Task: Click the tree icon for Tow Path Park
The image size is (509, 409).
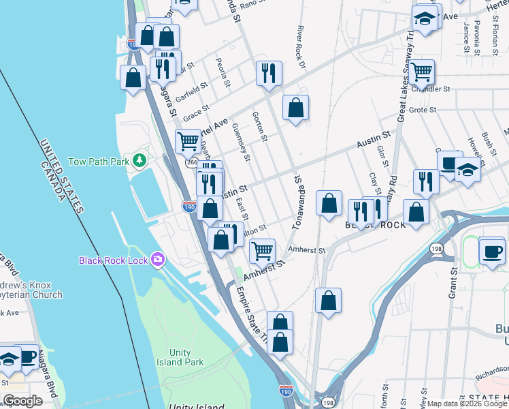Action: pyautogui.click(x=139, y=160)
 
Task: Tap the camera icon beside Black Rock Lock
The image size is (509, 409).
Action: pyautogui.click(x=158, y=259)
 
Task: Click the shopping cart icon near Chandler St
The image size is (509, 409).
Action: pyautogui.click(x=422, y=70)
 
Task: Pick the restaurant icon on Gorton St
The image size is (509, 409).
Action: pyautogui.click(x=269, y=72)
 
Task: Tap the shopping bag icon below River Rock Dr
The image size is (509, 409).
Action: pyautogui.click(x=296, y=107)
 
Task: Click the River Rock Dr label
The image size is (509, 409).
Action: pyautogui.click(x=300, y=47)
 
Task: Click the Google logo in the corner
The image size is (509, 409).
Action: pyautogui.click(x=22, y=401)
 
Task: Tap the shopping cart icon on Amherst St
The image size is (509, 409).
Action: pyautogui.click(x=262, y=251)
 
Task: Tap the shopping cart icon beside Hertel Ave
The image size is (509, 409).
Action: pyautogui.click(x=188, y=141)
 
